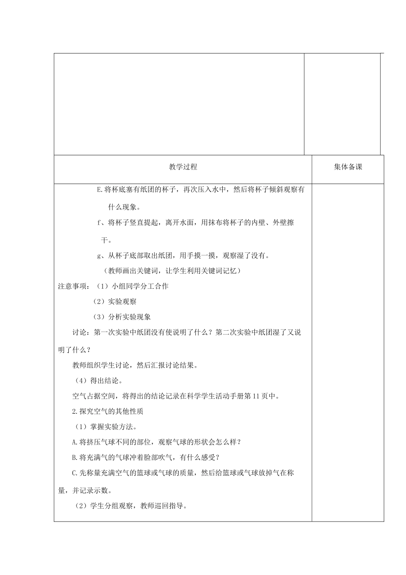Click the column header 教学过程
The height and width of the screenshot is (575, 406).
tap(183, 167)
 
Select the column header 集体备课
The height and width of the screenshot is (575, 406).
tap(348, 167)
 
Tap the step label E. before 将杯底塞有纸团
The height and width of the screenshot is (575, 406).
tap(100, 190)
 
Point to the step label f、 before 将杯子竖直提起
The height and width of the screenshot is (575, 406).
tap(101, 222)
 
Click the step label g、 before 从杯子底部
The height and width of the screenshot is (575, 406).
tap(102, 256)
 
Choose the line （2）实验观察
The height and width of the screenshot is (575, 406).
tap(115, 302)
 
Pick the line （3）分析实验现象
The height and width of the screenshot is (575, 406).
tap(122, 317)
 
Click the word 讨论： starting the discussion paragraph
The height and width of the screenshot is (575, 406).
tap(81, 332)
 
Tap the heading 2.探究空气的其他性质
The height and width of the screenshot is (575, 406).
tap(108, 411)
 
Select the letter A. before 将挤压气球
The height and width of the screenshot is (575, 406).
tap(76, 442)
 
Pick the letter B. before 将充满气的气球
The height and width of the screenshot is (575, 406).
tap(76, 457)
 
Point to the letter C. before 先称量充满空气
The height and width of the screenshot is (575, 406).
tap(76, 473)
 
